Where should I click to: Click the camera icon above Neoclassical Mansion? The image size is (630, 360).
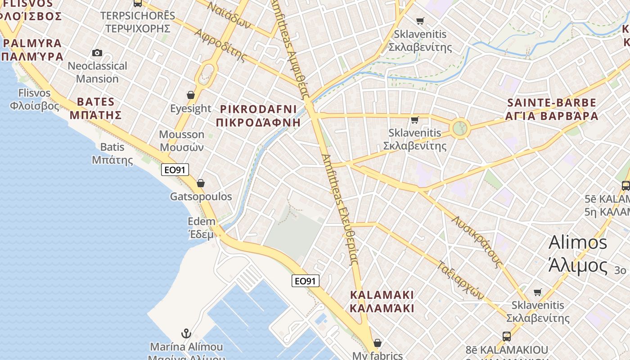click(x=97, y=53)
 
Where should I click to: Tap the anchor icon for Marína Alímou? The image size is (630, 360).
click(x=186, y=333)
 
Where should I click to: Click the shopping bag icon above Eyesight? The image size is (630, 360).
click(x=191, y=95)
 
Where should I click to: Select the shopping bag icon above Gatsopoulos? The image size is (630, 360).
click(x=201, y=183)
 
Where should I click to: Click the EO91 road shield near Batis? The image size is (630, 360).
click(x=175, y=170)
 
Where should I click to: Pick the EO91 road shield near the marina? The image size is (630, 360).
click(x=305, y=281)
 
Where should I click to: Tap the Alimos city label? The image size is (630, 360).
click(x=578, y=254)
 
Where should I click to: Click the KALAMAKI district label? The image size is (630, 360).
click(x=382, y=301)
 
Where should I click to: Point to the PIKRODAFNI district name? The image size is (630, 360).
click(x=258, y=116)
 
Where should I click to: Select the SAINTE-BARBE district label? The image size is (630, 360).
click(x=552, y=109)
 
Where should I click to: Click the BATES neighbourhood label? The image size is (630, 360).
click(x=95, y=108)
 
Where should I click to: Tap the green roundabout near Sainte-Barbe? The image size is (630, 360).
click(x=459, y=128)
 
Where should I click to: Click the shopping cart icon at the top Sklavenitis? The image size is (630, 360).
click(x=420, y=21)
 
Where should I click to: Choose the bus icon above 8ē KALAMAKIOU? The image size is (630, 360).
click(x=507, y=336)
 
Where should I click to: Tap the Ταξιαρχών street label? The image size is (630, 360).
click(x=461, y=280)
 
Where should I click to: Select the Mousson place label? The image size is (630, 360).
click(x=181, y=140)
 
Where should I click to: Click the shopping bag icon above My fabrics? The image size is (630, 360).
click(x=377, y=343)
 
